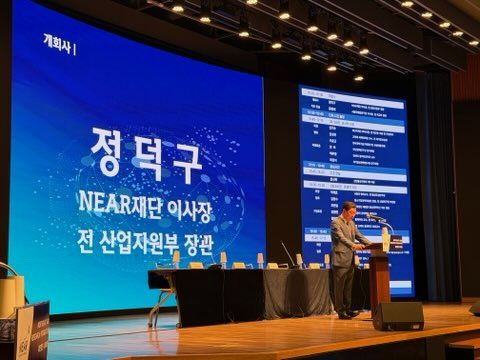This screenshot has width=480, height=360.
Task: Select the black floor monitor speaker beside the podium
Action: [x=397, y=316]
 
